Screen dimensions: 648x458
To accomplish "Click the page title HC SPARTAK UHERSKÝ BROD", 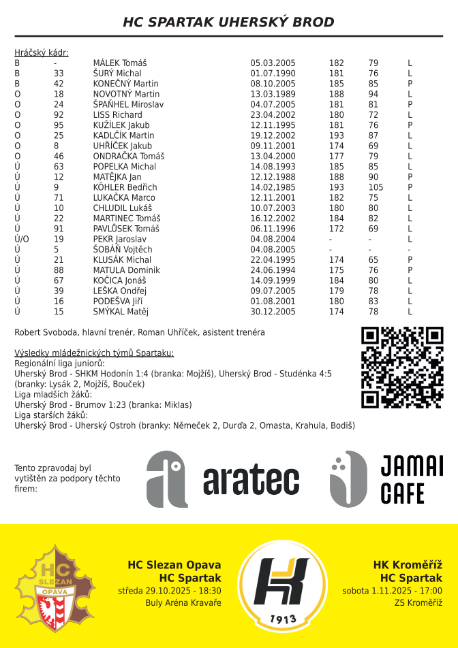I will (x=228, y=22).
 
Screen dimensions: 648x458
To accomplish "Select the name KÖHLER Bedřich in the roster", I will (x=125, y=187).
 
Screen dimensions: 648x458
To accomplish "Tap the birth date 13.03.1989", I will (x=273, y=94).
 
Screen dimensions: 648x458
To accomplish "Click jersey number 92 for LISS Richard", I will (x=59, y=115).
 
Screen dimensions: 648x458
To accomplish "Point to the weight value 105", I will (x=376, y=187).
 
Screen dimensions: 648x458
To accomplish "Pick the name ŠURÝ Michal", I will (x=117, y=74).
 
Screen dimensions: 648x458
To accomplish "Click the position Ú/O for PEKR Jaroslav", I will (x=22, y=240).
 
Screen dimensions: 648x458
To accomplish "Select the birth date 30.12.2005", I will (x=273, y=312).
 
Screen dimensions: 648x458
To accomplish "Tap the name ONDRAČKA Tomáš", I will (x=128, y=157).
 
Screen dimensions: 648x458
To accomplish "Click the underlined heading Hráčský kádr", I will (x=41, y=52).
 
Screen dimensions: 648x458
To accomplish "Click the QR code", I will (x=402, y=368).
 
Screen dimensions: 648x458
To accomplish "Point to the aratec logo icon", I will (x=167, y=479).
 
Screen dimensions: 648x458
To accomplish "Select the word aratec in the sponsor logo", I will (x=251, y=481).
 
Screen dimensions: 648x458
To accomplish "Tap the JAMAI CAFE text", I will (x=411, y=479).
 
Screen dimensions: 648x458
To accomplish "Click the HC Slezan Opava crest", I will (x=56, y=586).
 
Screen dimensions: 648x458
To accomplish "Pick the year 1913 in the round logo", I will (x=282, y=618).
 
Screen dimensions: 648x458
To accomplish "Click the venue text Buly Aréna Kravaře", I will (x=183, y=603).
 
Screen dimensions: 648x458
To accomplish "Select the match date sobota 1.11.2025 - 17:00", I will (x=392, y=591).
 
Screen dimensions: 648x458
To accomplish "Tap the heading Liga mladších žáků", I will (x=53, y=395).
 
